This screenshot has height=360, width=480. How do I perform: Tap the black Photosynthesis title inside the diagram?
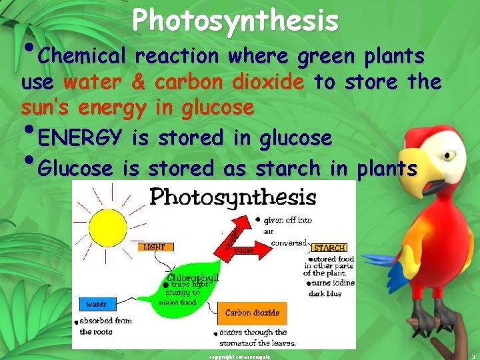coord(233,197)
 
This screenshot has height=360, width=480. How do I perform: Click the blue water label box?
coord(96,305)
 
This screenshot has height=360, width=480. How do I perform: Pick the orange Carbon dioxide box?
coord(252,313)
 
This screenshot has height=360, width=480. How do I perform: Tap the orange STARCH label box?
coord(329,248)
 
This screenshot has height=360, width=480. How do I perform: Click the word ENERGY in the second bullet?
coord(80,138)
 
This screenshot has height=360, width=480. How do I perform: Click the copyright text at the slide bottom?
coord(239,356)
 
